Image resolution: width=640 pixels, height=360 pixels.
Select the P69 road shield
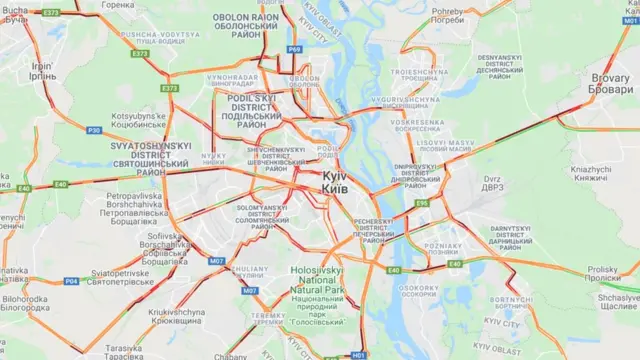click(293, 48)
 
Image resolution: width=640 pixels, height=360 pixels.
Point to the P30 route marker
click(94, 130)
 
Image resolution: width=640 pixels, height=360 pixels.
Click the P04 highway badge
click(71, 281)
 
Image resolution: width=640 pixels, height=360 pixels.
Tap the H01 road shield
click(359, 354)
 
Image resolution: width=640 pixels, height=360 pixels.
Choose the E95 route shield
click(423, 203)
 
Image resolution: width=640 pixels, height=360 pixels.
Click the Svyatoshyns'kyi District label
click(151, 159)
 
